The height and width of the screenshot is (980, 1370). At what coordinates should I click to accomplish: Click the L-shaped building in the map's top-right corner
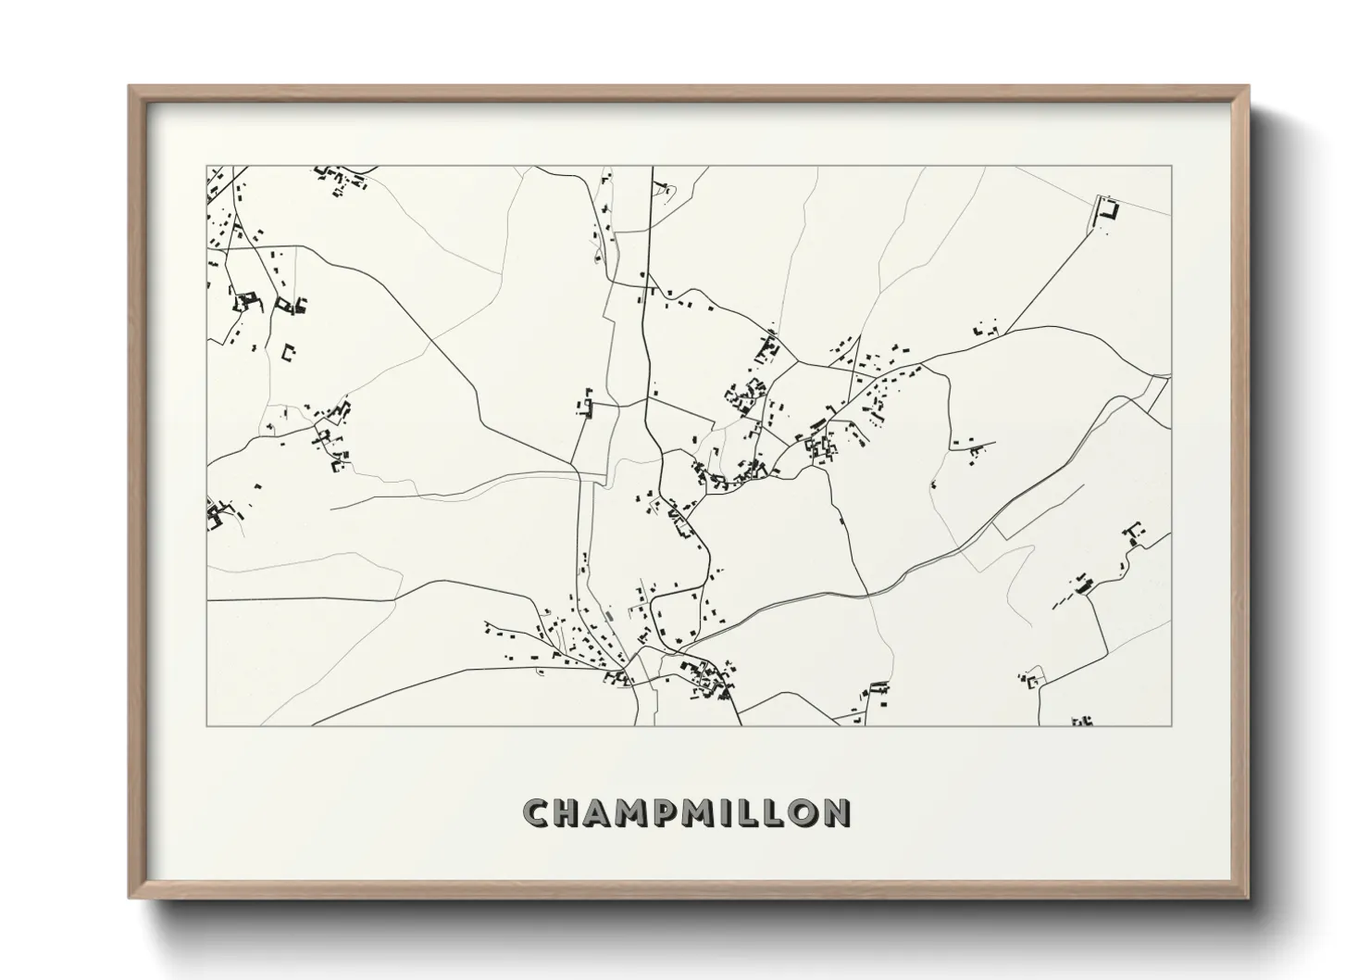[x=1108, y=208]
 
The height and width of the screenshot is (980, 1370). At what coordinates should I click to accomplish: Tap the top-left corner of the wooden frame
[x=130, y=87]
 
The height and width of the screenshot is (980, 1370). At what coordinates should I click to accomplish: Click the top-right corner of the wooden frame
[x=1249, y=87]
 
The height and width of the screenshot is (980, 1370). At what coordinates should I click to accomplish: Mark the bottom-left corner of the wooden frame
[x=130, y=898]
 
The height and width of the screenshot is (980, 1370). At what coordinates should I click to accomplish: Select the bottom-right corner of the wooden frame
[x=1249, y=898]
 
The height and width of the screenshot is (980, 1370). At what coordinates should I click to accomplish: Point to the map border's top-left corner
[x=207, y=167]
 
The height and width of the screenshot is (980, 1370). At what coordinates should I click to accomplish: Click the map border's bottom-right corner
[x=1172, y=725]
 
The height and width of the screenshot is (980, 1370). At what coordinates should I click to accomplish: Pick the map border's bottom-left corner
[x=207, y=725]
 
